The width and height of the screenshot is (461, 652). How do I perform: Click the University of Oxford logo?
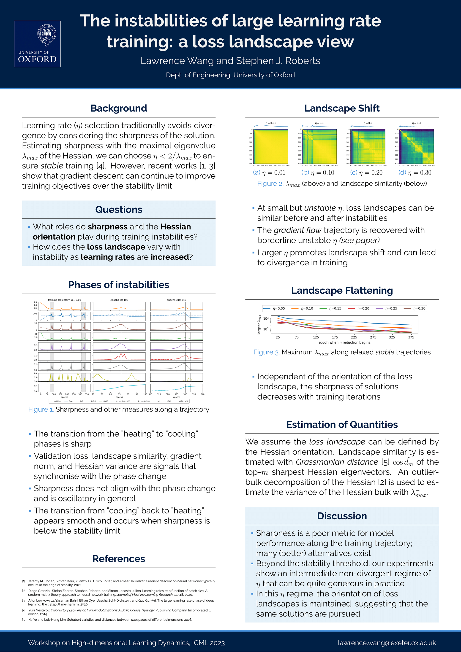coord(37,44)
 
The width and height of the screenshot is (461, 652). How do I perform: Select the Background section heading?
coord(119,108)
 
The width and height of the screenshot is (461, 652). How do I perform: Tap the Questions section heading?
coord(119,210)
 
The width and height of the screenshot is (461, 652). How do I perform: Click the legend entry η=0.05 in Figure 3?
coord(274,308)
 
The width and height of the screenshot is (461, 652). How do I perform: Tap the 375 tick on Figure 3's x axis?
coord(411,337)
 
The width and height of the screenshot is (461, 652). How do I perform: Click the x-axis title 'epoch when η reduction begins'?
coord(344,342)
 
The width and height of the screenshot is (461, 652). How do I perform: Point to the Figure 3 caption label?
coord(266,352)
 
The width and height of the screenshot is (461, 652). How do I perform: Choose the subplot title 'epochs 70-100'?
coord(119,300)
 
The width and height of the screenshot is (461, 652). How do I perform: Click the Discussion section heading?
coord(342,516)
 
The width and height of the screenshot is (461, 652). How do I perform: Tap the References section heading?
coord(119,559)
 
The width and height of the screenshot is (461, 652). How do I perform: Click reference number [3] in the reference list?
coord(24,601)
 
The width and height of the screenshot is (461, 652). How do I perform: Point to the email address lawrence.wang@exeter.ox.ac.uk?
coord(387,643)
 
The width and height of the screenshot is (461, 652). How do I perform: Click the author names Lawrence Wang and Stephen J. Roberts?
coord(230,61)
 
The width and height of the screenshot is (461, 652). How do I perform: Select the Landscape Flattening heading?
coord(342,291)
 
